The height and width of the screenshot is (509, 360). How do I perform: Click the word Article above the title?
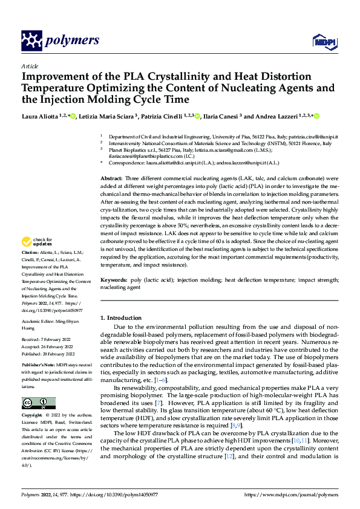pos(30,66)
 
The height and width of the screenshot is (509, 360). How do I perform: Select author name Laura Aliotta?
pos(41,117)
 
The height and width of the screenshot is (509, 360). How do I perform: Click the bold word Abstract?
pos(112,180)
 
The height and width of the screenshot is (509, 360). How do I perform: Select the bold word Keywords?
pos(114,280)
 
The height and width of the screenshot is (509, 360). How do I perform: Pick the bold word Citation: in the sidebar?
pos(30,268)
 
